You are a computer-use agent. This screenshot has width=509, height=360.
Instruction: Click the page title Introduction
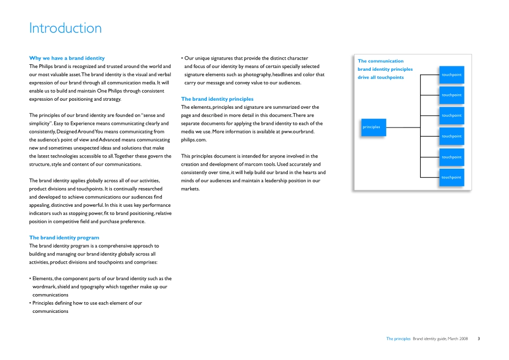pos(65,28)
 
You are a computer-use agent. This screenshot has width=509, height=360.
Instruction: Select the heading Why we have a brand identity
pos(67,58)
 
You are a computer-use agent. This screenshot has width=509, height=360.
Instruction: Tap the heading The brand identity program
pos(64,237)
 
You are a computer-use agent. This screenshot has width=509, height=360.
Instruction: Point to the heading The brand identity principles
pos(217,99)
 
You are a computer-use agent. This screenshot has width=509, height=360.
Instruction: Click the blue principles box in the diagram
pos(373,127)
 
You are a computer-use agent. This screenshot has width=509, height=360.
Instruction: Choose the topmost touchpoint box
pos(451,74)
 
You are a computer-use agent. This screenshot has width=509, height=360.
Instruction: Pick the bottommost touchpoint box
pos(451,177)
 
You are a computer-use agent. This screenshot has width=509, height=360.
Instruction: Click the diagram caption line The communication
pos(380,61)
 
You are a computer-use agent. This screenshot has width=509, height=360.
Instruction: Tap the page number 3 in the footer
pos(478,339)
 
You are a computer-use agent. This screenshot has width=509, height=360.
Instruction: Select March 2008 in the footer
pos(458,339)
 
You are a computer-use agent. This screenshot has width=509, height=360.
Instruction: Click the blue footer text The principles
pos(398,339)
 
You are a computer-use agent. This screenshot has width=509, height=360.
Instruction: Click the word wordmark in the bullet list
pos(45,287)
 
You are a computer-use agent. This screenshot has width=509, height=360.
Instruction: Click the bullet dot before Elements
pos(30,279)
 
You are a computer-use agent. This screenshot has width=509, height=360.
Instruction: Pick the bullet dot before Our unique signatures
pos(182,58)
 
